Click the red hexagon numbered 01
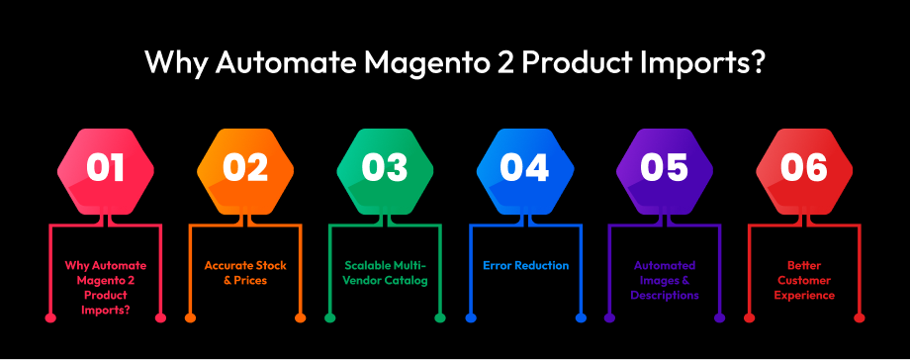106,167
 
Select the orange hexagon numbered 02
245,167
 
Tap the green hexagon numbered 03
386,167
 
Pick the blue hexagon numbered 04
524,167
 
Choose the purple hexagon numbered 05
664,167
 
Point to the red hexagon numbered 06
803,167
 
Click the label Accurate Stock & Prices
245,273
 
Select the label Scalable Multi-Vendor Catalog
386,273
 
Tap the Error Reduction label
525,266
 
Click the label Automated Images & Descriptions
665,280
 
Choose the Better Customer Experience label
804,280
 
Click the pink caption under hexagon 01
106,288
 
